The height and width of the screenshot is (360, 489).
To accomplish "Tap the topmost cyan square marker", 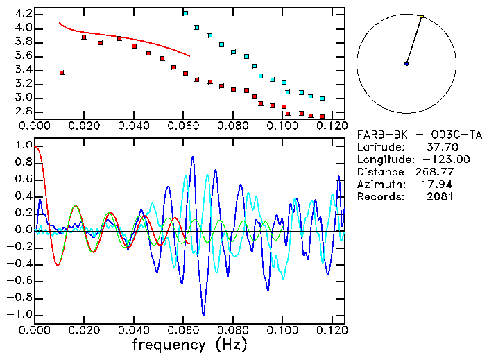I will click(185, 13).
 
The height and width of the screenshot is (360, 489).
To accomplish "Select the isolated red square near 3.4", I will click(62, 73).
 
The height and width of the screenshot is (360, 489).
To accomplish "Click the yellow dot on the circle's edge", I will click(422, 16).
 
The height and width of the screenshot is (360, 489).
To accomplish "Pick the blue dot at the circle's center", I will click(406, 64).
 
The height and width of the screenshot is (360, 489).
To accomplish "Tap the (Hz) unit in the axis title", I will click(232, 344).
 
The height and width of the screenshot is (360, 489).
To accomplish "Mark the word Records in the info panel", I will click(379, 197).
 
